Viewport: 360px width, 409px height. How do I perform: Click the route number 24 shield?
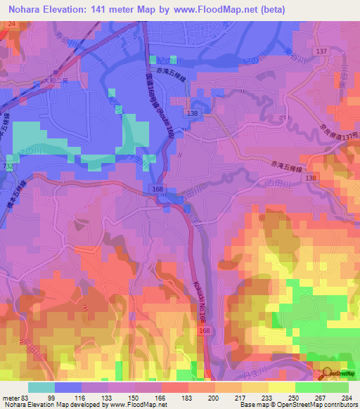tap(11, 23)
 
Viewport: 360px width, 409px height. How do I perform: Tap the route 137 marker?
tap(323, 52)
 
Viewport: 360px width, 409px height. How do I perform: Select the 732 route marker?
tap(8, 164)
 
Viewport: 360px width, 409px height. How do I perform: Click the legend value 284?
tap(347, 397)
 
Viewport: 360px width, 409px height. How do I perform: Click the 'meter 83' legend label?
tap(15, 397)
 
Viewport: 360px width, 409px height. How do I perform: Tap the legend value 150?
tap(132, 397)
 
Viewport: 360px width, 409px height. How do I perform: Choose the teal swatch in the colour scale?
tap(41, 387)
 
